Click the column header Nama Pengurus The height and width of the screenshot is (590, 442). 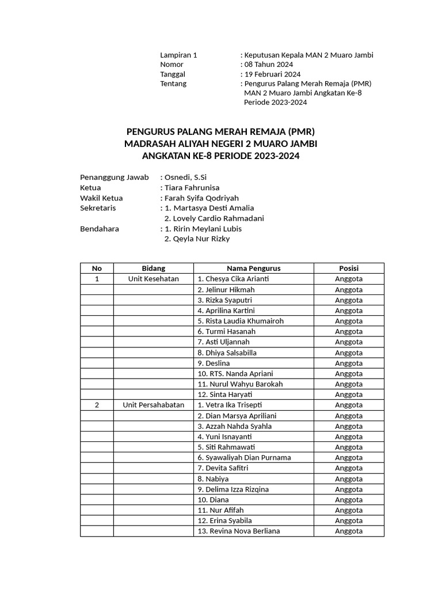pos(253,268)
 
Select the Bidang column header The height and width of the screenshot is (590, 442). pos(153,268)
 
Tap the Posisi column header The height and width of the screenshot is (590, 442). pos(349,268)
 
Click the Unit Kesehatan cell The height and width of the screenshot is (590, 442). pos(153,279)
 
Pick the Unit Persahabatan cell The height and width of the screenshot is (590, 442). pos(153,405)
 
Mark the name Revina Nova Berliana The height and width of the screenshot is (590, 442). pos(238,531)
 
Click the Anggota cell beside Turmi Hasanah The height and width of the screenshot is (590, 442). pos(349,331)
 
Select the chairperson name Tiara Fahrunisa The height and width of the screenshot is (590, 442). pos(192,188)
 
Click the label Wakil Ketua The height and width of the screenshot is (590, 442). pos(101,198)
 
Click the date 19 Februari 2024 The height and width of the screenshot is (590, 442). pos(272,74)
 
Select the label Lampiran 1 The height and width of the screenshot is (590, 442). pos(178,55)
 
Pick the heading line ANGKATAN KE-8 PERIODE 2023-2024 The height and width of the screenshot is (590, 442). pos(221,156)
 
